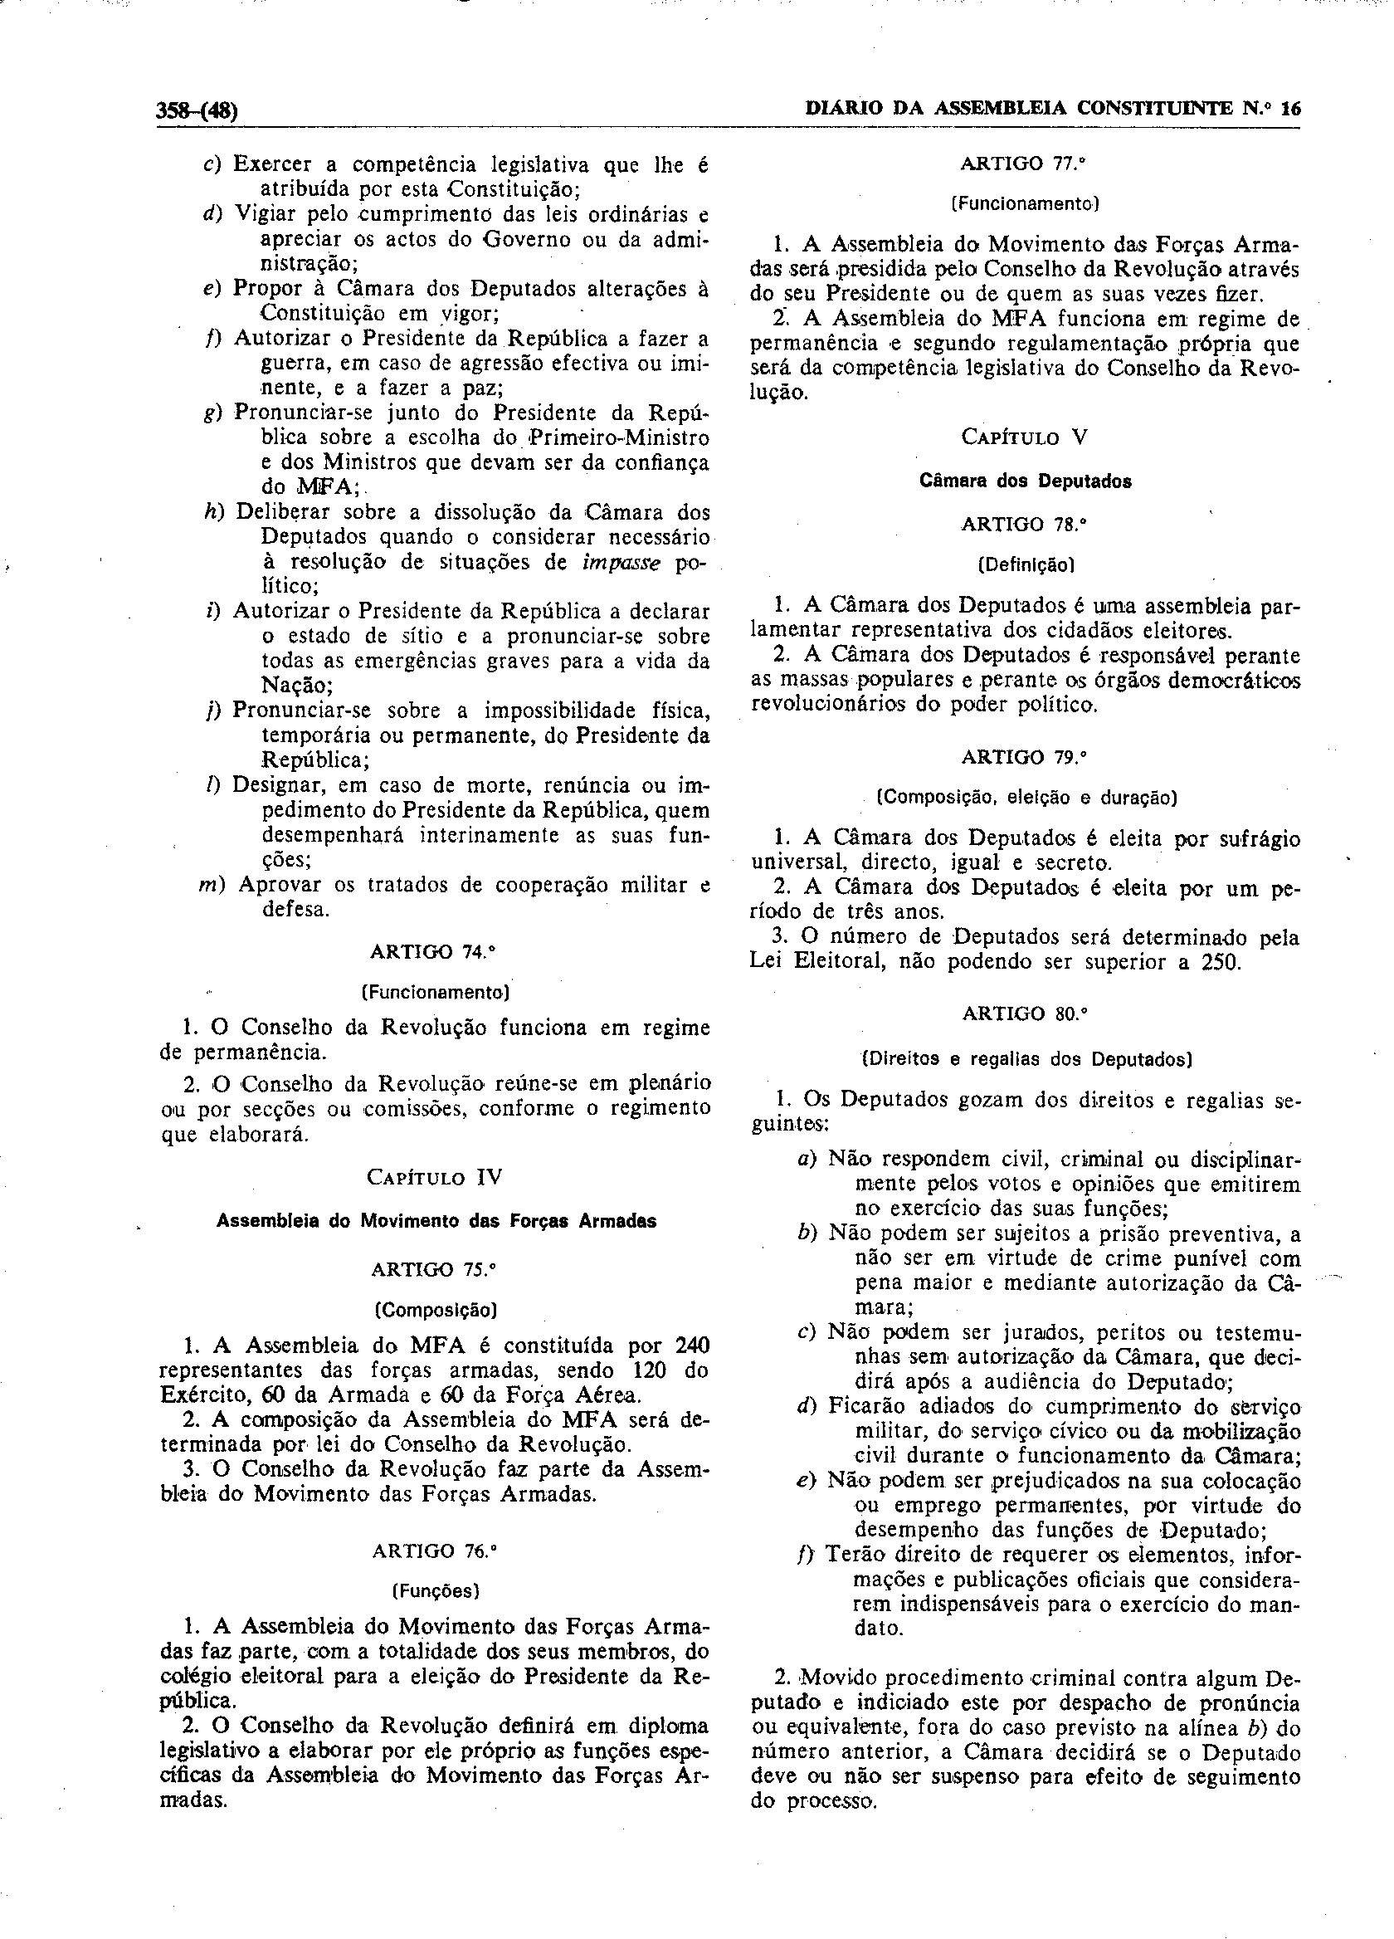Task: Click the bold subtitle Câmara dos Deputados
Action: coord(1025,481)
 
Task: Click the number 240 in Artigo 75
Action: coord(692,1346)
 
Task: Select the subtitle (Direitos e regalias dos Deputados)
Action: coord(1026,1059)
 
